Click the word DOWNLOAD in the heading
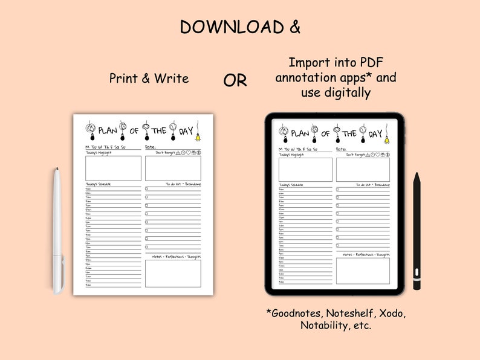[x=224, y=27]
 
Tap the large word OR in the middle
[x=235, y=80]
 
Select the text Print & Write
[x=149, y=79]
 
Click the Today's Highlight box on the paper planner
[x=113, y=169]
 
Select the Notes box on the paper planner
[x=172, y=274]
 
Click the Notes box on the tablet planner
[x=363, y=271]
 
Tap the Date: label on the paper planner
[x=151, y=147]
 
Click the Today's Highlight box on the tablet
[x=305, y=170]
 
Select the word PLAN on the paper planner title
[x=108, y=130]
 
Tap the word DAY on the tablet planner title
[x=375, y=133]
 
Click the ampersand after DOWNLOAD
[x=293, y=27]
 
